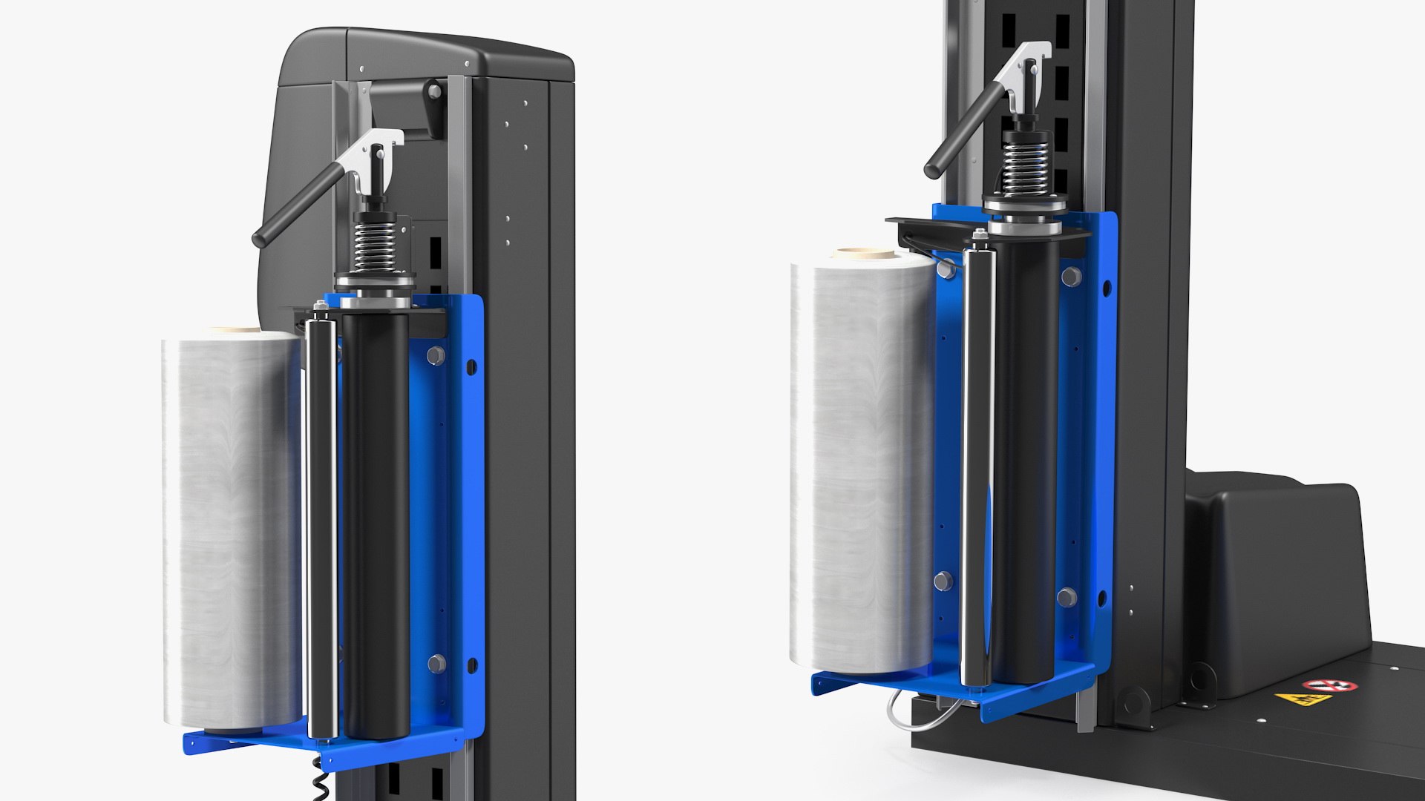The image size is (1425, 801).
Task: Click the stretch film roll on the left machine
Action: pos(230,527)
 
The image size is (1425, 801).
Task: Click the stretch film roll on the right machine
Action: pos(861,460)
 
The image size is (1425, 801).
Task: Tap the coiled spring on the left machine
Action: pos(372,245)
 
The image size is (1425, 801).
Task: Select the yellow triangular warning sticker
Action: pos(1292,699)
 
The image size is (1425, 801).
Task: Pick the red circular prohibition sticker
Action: pos(1330,685)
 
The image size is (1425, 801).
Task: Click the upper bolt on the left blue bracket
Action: pos(436,356)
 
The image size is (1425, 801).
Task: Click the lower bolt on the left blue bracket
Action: pos(436,662)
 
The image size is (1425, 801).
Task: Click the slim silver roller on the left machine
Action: pos(321,519)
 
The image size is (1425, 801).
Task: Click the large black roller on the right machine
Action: pos(1024,460)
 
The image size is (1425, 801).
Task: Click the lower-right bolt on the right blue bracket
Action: pos(1067,597)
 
